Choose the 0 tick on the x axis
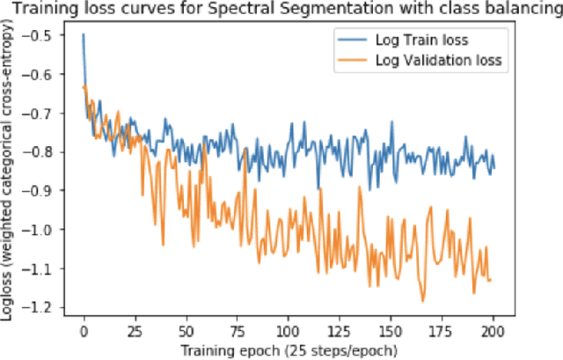(84, 333)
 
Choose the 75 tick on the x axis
(238, 333)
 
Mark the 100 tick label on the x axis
(289, 333)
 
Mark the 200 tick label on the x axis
(494, 333)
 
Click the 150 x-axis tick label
(391, 333)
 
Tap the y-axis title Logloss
(10, 176)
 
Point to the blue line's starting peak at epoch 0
(84, 35)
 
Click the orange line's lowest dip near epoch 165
(422, 301)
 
